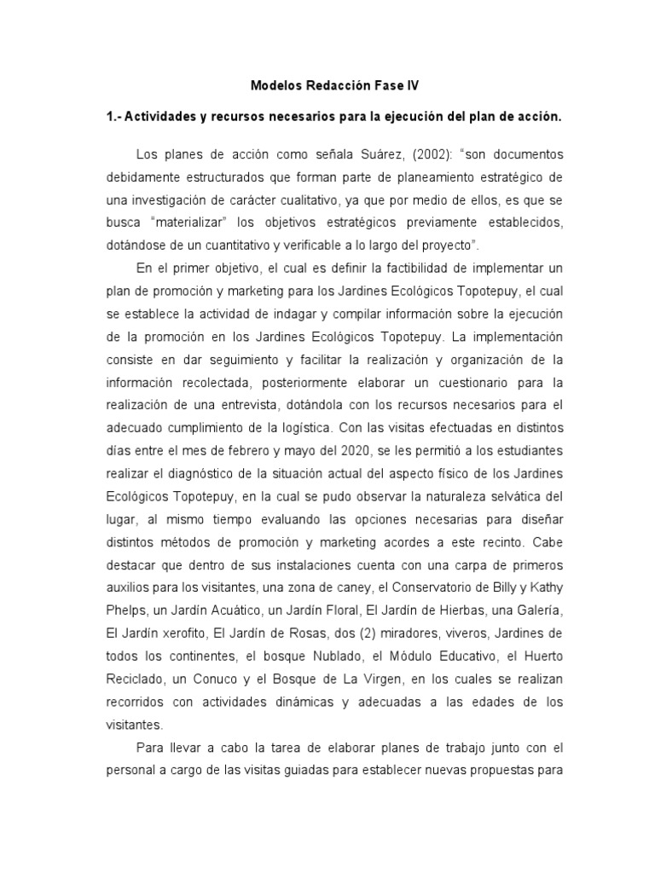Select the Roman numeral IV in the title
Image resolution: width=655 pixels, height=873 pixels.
click(413, 86)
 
